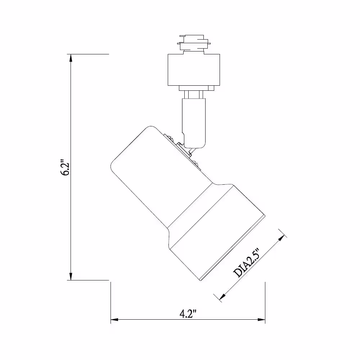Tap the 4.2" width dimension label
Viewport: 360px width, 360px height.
(188, 314)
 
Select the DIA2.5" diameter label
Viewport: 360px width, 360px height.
(246, 263)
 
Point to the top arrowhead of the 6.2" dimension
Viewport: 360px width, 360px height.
(71, 58)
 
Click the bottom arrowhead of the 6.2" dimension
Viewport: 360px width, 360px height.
(71, 276)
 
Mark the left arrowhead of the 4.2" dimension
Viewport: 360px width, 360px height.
(114, 319)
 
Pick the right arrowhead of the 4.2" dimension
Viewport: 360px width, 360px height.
(261, 319)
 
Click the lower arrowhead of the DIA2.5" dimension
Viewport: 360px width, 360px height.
(222, 297)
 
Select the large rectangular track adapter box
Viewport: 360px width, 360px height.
(194, 70)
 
